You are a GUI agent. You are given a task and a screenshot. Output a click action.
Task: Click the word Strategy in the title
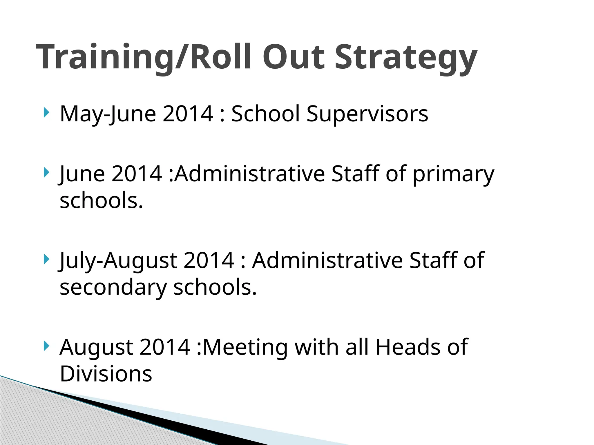[406, 57]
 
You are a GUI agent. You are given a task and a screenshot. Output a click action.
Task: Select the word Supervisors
[367, 114]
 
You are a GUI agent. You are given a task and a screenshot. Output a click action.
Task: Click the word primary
[453, 174]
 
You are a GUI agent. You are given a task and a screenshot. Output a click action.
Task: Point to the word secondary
[113, 288]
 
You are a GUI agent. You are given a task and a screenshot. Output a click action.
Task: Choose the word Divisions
[106, 374]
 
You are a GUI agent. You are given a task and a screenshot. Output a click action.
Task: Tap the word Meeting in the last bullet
[245, 347]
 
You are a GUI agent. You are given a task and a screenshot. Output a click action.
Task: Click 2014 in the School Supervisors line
[188, 114]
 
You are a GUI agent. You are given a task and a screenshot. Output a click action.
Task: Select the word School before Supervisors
[265, 114]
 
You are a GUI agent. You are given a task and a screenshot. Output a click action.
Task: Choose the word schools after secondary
[215, 288]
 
